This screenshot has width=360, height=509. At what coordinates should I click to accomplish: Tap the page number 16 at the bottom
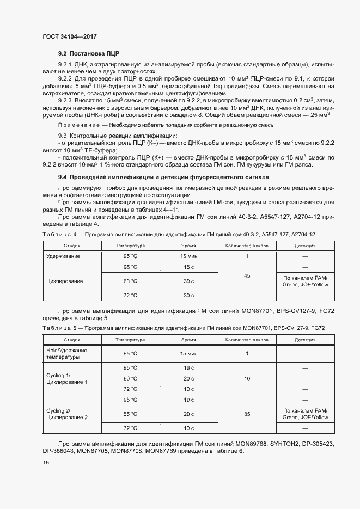[46, 462]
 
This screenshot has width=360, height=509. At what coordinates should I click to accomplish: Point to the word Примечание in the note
[76, 125]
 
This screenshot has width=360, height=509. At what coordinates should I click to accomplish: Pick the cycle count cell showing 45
[247, 277]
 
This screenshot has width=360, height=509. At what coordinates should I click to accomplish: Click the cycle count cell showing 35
[247, 414]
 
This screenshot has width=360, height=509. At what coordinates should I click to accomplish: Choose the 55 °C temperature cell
[130, 414]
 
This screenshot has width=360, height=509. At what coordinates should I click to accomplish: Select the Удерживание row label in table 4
[63, 256]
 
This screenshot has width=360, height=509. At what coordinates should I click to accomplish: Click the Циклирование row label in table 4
[65, 281]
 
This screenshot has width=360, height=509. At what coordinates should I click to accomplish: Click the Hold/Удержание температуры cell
[66, 354]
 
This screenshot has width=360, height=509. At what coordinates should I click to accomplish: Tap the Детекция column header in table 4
[304, 246]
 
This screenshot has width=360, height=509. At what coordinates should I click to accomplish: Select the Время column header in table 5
[188, 339]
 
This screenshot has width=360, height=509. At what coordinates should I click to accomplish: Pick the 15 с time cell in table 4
[188, 267]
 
